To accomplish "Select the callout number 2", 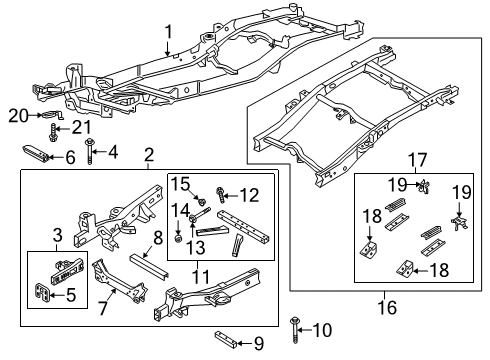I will point(148,155).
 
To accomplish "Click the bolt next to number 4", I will point(89,152).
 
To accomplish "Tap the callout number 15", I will point(182,182).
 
